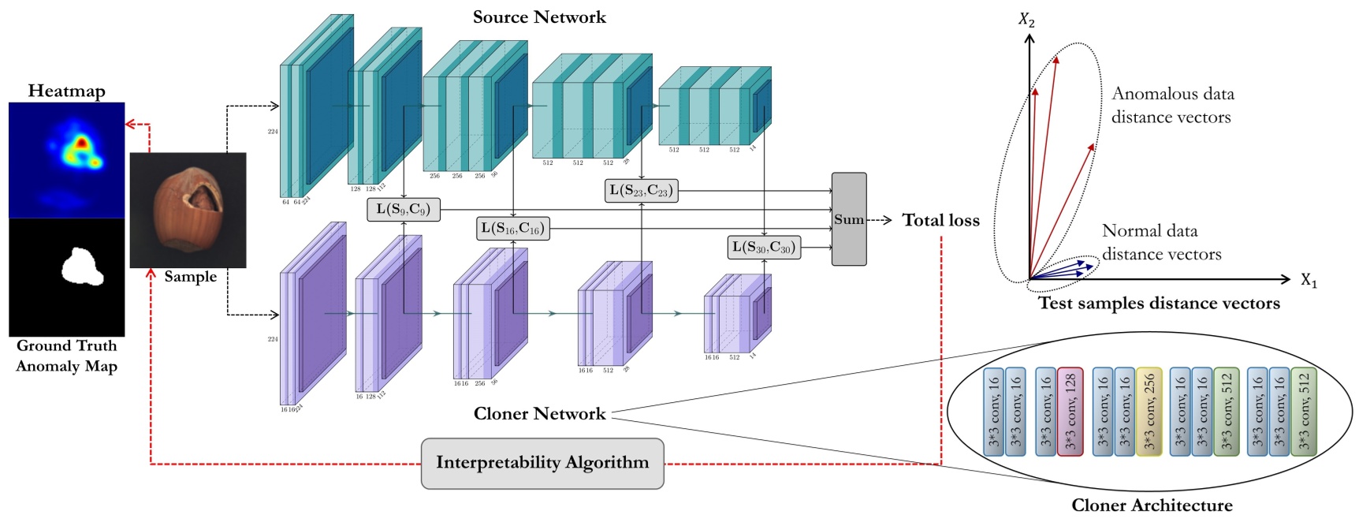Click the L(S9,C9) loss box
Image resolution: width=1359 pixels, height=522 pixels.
(403, 210)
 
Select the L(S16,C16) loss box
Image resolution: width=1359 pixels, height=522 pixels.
(512, 229)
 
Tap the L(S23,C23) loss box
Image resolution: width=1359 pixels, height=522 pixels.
(641, 191)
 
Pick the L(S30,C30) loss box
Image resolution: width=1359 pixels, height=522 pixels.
(763, 248)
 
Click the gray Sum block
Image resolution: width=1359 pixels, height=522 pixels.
(849, 219)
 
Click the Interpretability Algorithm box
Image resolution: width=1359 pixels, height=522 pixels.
(542, 463)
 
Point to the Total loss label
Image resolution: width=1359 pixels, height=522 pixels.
(940, 221)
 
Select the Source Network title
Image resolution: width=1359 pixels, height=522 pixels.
(539, 17)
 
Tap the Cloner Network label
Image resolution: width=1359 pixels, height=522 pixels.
(539, 414)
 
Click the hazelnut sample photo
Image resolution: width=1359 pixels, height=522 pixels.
(188, 210)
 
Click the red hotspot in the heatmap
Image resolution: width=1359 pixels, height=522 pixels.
(80, 143)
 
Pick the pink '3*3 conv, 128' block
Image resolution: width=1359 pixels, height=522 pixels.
(1070, 412)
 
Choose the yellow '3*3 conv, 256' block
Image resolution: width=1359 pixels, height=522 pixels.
(1149, 412)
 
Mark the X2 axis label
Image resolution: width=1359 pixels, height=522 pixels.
(1026, 20)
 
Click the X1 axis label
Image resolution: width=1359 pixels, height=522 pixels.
(1309, 281)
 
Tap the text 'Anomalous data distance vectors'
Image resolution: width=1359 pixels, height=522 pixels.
(1172, 106)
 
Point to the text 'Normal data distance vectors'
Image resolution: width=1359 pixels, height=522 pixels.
(1160, 243)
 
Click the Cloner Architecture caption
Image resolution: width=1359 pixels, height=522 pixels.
(1151, 505)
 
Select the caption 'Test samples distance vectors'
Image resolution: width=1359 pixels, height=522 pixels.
(1158, 304)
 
